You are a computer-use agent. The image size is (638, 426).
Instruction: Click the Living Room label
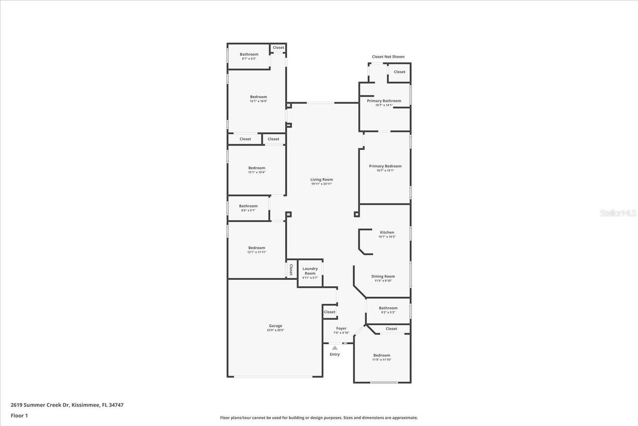[321, 180]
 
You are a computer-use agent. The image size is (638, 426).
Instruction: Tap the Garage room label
[275, 326]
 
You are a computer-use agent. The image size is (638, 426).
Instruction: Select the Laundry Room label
[310, 271]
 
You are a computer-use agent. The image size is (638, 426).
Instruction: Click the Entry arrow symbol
[335, 348]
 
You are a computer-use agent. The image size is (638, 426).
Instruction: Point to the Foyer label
[341, 328]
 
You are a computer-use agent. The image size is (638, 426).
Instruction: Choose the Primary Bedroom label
[385, 166]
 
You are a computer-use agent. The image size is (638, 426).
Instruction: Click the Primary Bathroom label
[384, 101]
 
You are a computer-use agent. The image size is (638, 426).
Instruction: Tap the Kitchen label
[387, 232]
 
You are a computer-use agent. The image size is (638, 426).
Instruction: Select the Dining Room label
[383, 276]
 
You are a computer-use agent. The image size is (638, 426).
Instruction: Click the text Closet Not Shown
[388, 57]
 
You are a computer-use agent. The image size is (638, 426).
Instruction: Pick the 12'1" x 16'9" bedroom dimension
[258, 101]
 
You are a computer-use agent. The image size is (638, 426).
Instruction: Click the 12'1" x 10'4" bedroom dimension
[257, 172]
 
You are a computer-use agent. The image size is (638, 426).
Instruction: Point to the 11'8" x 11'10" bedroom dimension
[382, 360]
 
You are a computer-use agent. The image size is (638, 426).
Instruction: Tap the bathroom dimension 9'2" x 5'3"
[388, 312]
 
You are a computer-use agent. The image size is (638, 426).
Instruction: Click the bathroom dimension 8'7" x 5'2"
[249, 59]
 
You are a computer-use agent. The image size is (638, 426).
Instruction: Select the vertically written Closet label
[291, 270]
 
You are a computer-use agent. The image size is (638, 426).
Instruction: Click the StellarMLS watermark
[618, 213]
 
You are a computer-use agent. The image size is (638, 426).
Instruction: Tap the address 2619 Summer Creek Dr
[40, 405]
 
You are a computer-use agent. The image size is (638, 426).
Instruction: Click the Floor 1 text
[19, 415]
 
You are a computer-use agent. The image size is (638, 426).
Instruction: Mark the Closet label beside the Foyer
[329, 312]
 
